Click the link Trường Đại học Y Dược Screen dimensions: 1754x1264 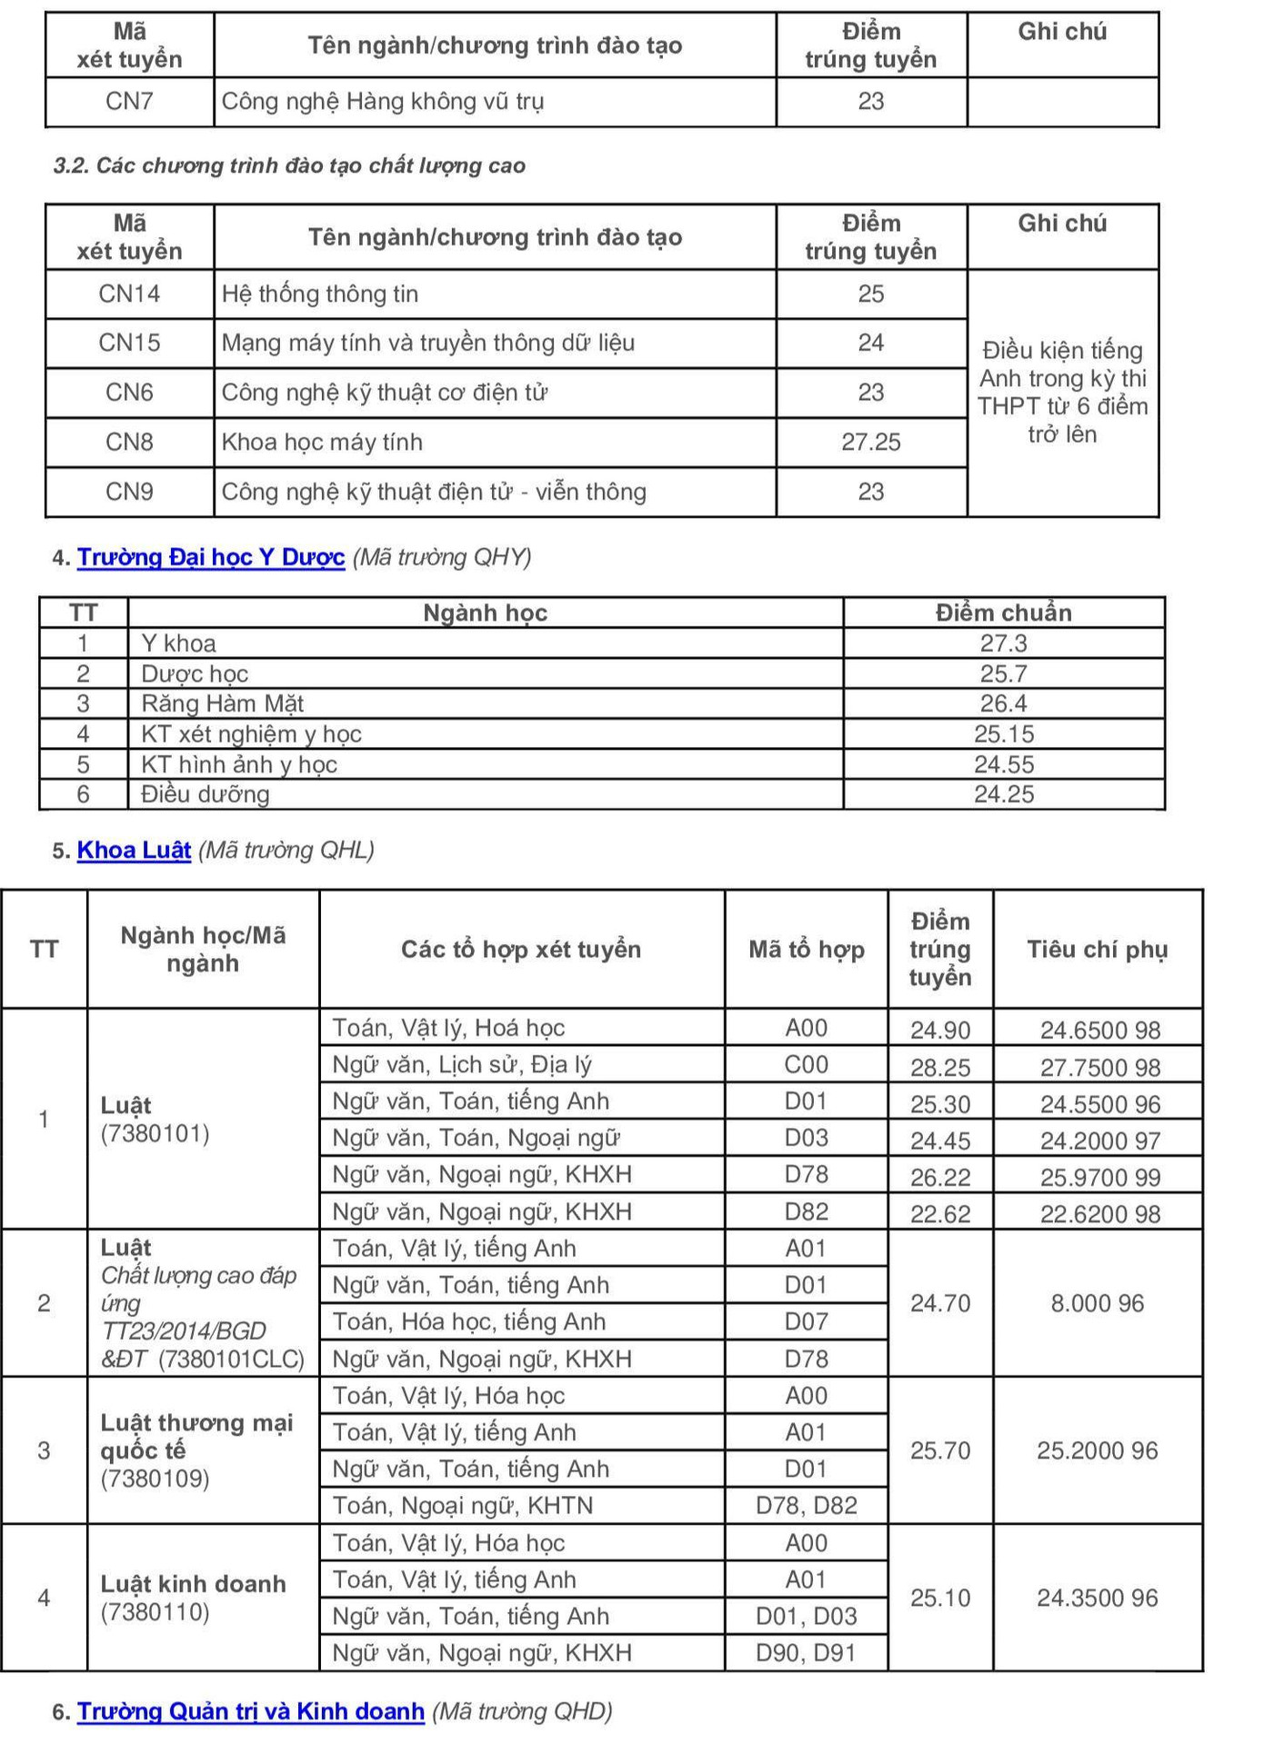click(210, 557)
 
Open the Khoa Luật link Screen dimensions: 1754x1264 click(134, 850)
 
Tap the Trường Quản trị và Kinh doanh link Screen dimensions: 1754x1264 click(250, 1711)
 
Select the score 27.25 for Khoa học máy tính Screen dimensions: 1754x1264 click(870, 443)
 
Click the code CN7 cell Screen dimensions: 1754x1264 click(129, 101)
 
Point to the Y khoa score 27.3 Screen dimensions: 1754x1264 click(1003, 643)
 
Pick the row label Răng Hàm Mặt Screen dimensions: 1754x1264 click(222, 703)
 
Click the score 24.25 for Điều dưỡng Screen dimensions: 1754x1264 click(1003, 794)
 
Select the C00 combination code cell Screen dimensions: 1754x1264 click(806, 1064)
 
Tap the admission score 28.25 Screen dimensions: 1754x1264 click(940, 1067)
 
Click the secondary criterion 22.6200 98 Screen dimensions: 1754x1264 click(1099, 1214)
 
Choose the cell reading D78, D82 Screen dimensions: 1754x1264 click(806, 1505)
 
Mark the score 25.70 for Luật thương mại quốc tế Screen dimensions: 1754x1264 click(940, 1450)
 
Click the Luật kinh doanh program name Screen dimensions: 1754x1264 click(193, 1584)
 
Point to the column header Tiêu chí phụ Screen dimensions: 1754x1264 click(1097, 950)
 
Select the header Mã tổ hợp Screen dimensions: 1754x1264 click(806, 950)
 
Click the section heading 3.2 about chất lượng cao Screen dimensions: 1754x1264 click(289, 165)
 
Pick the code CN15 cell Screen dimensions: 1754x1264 click(129, 343)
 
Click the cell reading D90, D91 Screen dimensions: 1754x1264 click(806, 1652)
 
